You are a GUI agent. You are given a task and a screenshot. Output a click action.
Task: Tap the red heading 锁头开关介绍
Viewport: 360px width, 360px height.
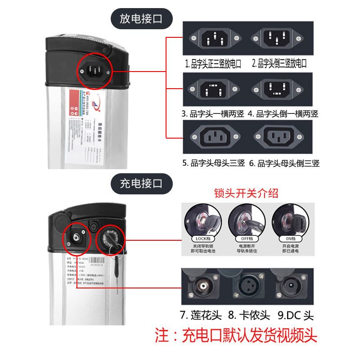246,193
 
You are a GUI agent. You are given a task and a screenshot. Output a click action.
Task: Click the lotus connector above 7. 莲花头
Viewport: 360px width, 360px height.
205,286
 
